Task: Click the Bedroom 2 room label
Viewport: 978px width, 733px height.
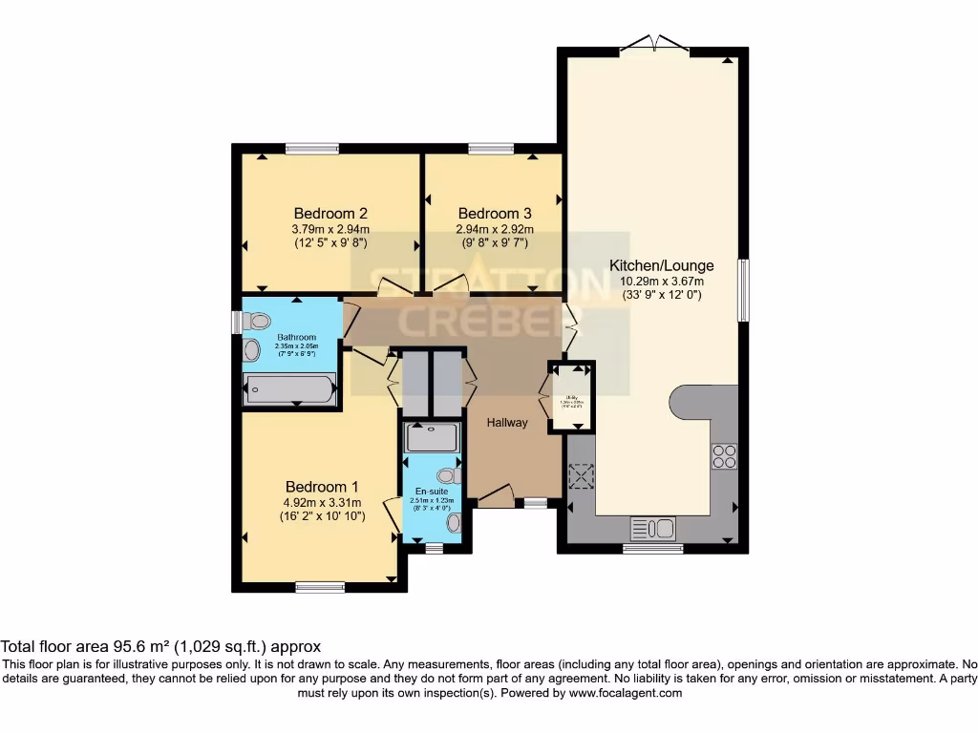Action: point(330,213)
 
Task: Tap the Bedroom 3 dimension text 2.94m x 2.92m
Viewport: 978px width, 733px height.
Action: point(495,229)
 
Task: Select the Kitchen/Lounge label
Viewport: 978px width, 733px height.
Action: point(661,265)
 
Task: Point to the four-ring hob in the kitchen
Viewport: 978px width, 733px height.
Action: point(724,456)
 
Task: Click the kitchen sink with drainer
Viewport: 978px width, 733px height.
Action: point(653,528)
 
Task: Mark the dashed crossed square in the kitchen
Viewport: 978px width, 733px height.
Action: point(582,475)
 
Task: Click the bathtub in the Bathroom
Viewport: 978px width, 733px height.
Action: point(289,389)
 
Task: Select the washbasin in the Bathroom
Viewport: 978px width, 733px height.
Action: point(252,350)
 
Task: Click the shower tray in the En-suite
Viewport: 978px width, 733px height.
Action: point(432,438)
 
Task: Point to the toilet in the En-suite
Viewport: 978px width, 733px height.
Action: point(448,475)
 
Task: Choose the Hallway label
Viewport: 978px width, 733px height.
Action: point(506,423)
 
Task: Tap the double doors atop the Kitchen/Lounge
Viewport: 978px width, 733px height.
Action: point(653,45)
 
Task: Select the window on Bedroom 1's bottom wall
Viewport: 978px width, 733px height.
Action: point(319,587)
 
